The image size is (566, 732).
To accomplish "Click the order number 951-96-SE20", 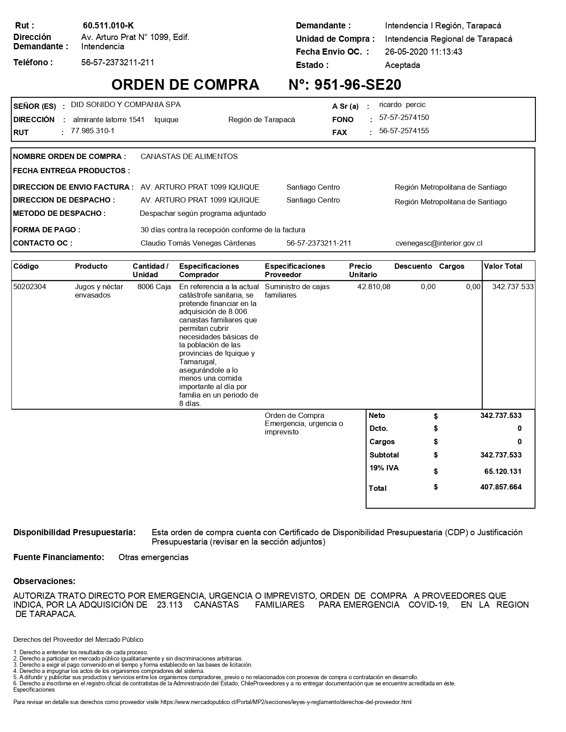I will point(358,85).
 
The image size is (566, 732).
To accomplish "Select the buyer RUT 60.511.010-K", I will point(108,26).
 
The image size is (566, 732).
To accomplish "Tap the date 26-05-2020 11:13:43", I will point(424,52).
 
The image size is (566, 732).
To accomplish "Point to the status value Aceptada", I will point(402,65).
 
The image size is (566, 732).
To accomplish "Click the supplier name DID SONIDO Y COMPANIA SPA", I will point(126,105).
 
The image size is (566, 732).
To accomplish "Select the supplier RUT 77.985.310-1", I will point(93,131).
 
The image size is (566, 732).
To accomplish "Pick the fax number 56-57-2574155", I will point(404,131).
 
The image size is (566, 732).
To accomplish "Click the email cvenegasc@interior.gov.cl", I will point(439,243).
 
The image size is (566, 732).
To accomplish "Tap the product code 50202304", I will point(30,287).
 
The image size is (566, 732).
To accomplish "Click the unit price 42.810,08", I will point(374,287).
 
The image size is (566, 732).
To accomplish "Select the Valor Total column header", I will point(503,267).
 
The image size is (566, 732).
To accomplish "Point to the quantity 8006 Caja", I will point(154,287).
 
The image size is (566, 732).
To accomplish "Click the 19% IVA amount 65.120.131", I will point(503,472).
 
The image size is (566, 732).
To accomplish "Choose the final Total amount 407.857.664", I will point(501,487).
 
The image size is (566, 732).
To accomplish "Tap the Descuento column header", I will point(413,267).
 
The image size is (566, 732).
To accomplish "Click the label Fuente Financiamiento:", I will point(59,557).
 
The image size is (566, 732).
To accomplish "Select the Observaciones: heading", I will point(44,581).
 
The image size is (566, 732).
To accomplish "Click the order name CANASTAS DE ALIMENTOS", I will point(189,157).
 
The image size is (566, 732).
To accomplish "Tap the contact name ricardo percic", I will point(402,105).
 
